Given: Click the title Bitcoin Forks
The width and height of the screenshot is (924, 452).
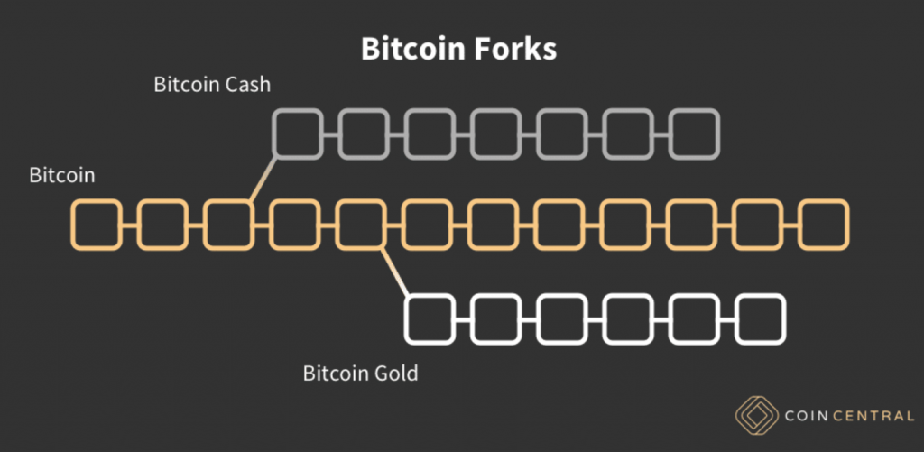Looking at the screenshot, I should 458,49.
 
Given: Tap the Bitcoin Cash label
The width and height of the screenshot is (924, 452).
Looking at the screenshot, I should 212,85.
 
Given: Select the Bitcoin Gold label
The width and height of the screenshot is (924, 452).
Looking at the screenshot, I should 360,372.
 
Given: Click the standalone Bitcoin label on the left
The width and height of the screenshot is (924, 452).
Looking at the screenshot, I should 61,175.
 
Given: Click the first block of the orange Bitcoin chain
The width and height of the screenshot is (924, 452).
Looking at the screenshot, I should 96,225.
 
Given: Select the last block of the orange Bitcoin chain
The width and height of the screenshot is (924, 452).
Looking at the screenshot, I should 825,225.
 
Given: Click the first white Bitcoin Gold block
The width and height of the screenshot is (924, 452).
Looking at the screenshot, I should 430,318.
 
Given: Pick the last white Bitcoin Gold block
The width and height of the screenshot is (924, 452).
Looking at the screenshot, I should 761,318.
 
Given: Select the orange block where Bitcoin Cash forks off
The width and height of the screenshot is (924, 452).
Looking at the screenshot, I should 228,225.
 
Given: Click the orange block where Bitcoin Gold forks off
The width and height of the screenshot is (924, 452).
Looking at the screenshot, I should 361,225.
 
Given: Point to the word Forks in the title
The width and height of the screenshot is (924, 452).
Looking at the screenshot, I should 517,49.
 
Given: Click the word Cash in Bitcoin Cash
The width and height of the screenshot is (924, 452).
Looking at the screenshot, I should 246,85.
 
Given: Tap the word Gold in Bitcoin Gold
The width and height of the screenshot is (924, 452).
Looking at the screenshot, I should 395,372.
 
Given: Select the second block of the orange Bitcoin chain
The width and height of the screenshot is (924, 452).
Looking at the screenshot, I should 162,225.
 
